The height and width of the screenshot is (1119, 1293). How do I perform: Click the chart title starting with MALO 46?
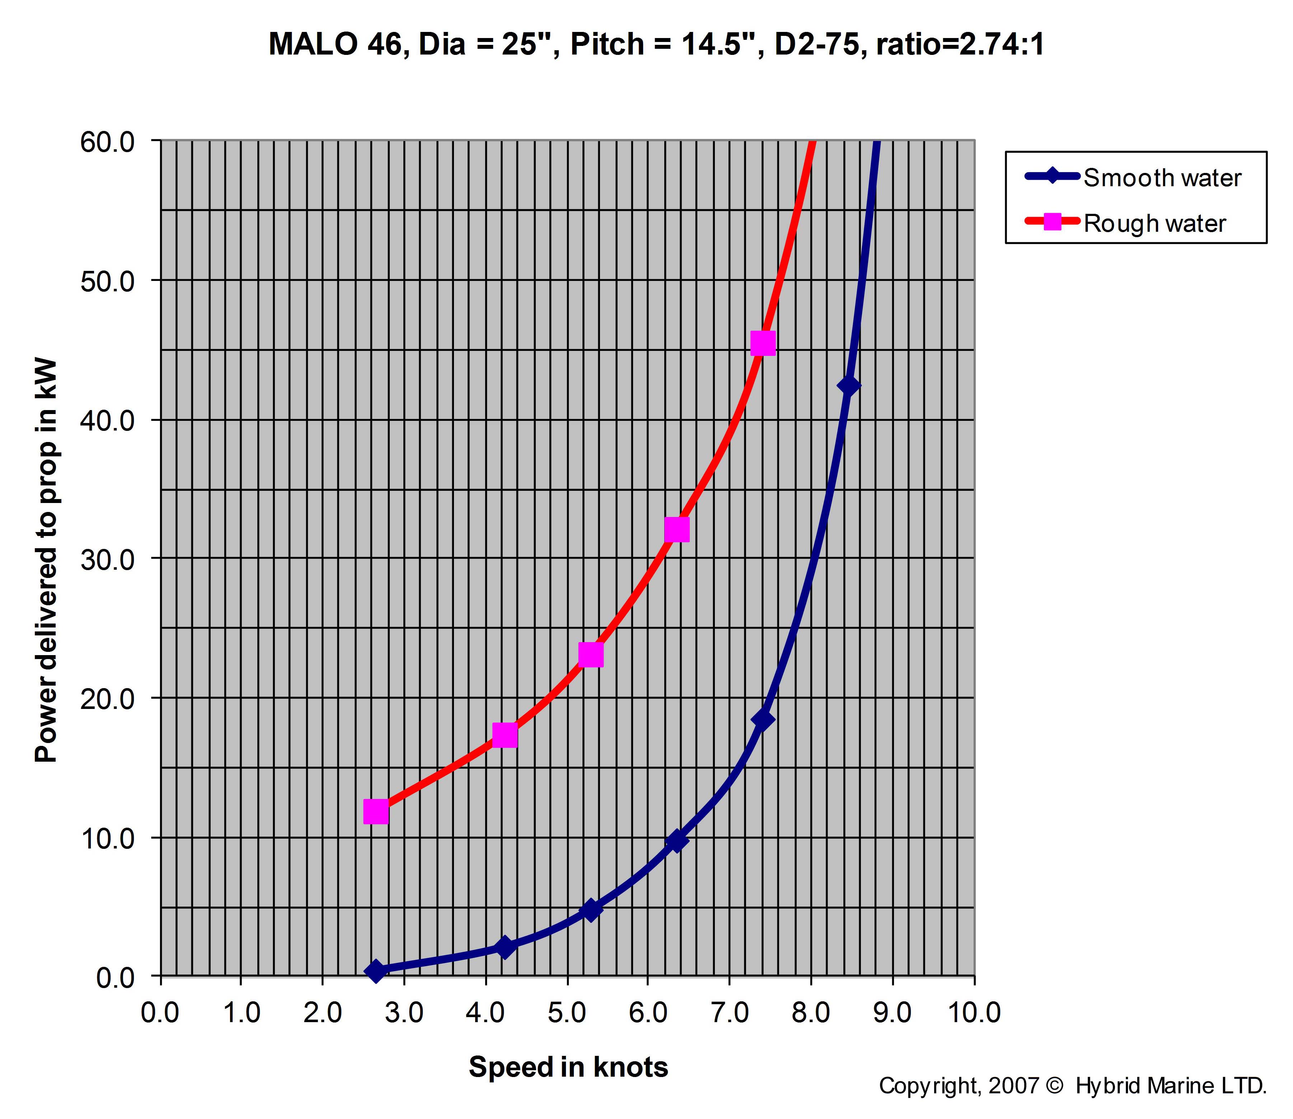click(x=656, y=45)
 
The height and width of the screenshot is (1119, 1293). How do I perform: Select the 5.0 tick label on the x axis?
click(x=567, y=1012)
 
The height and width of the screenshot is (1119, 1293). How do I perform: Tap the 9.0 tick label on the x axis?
click(x=892, y=1012)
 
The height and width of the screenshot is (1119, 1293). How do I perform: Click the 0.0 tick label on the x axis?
click(x=160, y=1012)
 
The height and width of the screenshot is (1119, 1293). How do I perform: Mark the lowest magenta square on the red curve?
click(x=375, y=812)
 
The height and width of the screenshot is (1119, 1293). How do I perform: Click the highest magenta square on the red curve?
click(x=763, y=343)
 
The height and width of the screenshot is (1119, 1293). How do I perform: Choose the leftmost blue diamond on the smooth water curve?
click(x=375, y=971)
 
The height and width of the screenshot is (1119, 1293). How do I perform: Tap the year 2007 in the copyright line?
click(x=1015, y=1086)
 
